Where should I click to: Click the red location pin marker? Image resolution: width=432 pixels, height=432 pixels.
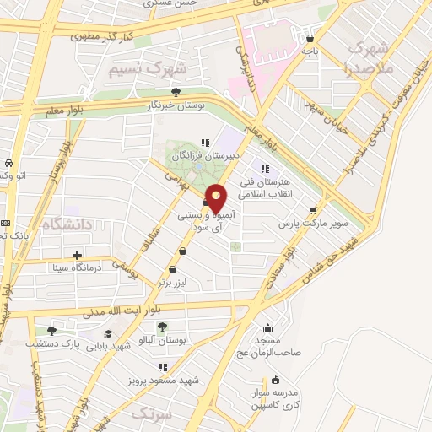click(x=217, y=199)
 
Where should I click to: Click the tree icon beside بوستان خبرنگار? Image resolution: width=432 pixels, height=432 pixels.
click(x=175, y=92)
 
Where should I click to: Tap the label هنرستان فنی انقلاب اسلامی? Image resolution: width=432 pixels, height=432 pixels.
click(x=264, y=188)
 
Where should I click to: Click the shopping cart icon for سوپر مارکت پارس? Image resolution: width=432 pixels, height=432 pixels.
click(x=314, y=211)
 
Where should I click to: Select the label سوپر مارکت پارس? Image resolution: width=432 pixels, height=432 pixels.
click(x=303, y=225)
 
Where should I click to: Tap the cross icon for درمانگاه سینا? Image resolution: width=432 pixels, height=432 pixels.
click(x=78, y=254)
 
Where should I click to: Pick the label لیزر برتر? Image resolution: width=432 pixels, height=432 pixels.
click(x=175, y=284)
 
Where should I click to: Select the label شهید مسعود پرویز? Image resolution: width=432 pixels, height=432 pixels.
click(x=163, y=381)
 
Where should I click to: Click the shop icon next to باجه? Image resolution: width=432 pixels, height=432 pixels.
click(x=311, y=38)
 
